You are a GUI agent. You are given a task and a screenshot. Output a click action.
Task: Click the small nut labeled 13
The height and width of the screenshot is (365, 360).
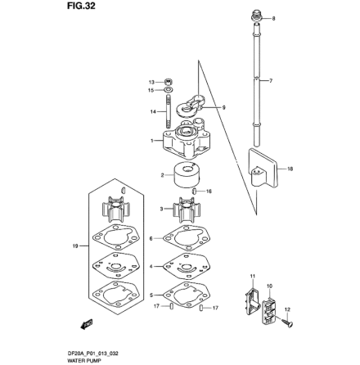[x=168, y=82]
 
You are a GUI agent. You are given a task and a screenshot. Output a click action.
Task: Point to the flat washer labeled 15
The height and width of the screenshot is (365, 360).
[x=168, y=90]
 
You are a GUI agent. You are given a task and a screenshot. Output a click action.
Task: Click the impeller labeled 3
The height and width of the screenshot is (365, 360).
[x=185, y=209]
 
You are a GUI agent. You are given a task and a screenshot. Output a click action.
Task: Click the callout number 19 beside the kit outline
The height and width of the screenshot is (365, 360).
[x=74, y=245]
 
